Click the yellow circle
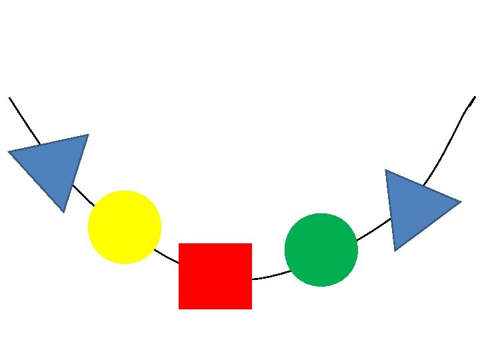pyautogui.click(x=125, y=227)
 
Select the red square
pyautogui.click(x=215, y=276)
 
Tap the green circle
pyautogui.click(x=321, y=249)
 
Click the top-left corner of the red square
pyautogui.click(x=179, y=244)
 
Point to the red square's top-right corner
pyautogui.click(x=251, y=244)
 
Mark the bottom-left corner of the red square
pyautogui.click(x=179, y=309)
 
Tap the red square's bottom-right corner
pyautogui.click(x=251, y=309)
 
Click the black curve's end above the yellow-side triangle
pyautogui.click(x=10, y=98)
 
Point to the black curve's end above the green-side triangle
pyautogui.click(x=475, y=97)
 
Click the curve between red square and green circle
pyautogui.click(x=268, y=276)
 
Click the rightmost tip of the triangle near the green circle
pyautogui.click(x=460, y=202)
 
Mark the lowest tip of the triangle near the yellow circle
pyautogui.click(x=63, y=211)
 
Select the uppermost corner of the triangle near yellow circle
pyautogui.click(x=87, y=135)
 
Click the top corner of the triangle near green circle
pyautogui.click(x=386, y=171)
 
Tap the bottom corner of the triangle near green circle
pyautogui.click(x=395, y=250)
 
